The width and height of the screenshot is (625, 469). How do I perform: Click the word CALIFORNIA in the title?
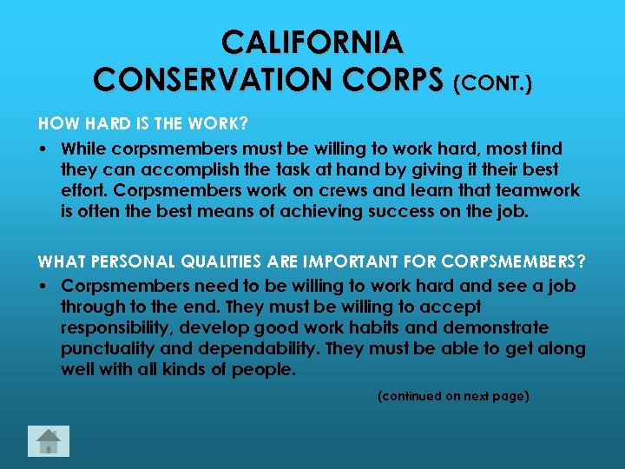(312, 41)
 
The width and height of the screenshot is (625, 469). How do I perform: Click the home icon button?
(49, 441)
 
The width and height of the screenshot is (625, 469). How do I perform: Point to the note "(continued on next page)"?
(453, 396)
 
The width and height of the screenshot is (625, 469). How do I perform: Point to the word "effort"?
(83, 190)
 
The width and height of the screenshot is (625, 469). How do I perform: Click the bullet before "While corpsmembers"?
(43, 149)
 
